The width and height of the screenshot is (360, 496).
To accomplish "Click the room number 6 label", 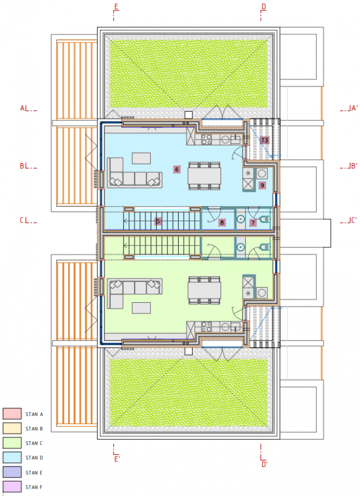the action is tap(177, 169).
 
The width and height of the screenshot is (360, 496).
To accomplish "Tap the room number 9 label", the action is tap(262, 185).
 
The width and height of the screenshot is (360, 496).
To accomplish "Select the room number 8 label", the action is tap(222, 222).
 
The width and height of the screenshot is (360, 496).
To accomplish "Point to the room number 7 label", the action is tap(253, 223).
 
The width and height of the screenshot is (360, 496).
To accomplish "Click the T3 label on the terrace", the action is tap(265, 140).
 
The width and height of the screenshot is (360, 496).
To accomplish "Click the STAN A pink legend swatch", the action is tap(12, 414).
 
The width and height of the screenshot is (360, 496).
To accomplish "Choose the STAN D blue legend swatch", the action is tap(12, 457).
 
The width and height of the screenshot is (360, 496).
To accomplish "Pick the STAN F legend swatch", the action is tap(12, 487).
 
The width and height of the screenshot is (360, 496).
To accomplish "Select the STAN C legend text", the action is tap(34, 443).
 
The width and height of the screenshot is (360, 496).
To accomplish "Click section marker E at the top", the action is tap(116, 7).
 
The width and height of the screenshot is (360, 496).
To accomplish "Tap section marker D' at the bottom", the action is tap(264, 464).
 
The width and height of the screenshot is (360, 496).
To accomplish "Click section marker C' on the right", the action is tap(354, 220).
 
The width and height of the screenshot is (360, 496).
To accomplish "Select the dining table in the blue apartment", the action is tap(205, 176).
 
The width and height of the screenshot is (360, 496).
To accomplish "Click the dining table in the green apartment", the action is tap(205, 290).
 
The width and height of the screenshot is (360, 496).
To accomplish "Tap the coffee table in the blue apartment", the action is tap(142, 158).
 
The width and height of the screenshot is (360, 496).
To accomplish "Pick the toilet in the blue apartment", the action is tap(265, 219).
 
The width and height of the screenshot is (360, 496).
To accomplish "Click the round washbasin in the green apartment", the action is tap(241, 247).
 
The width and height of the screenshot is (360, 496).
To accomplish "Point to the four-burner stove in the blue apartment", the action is tap(207, 139).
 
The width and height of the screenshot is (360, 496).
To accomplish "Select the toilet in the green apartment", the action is tap(265, 247).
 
